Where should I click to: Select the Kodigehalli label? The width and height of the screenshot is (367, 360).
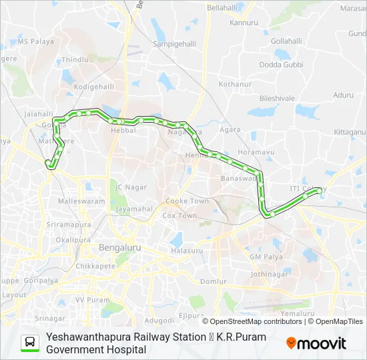click(x=94, y=87)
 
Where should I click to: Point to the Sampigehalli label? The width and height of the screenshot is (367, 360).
click(x=175, y=43)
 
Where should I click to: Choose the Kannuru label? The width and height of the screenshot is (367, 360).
click(x=244, y=23)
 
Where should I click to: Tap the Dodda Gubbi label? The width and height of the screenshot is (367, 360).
click(x=281, y=65)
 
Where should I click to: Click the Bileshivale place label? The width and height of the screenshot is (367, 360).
click(x=277, y=98)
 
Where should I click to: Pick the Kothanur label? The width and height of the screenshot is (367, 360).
click(x=236, y=85)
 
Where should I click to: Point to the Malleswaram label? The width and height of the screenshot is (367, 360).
click(x=81, y=201)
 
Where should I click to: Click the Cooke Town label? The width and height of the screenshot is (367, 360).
click(x=187, y=201)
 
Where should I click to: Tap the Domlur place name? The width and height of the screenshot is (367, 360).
click(x=214, y=282)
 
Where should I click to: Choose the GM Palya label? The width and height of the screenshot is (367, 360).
click(x=266, y=257)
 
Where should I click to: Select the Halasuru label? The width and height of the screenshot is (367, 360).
click(x=186, y=251)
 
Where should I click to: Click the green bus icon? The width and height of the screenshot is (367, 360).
click(x=30, y=343)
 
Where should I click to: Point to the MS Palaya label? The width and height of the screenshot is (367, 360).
click(x=35, y=41)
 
